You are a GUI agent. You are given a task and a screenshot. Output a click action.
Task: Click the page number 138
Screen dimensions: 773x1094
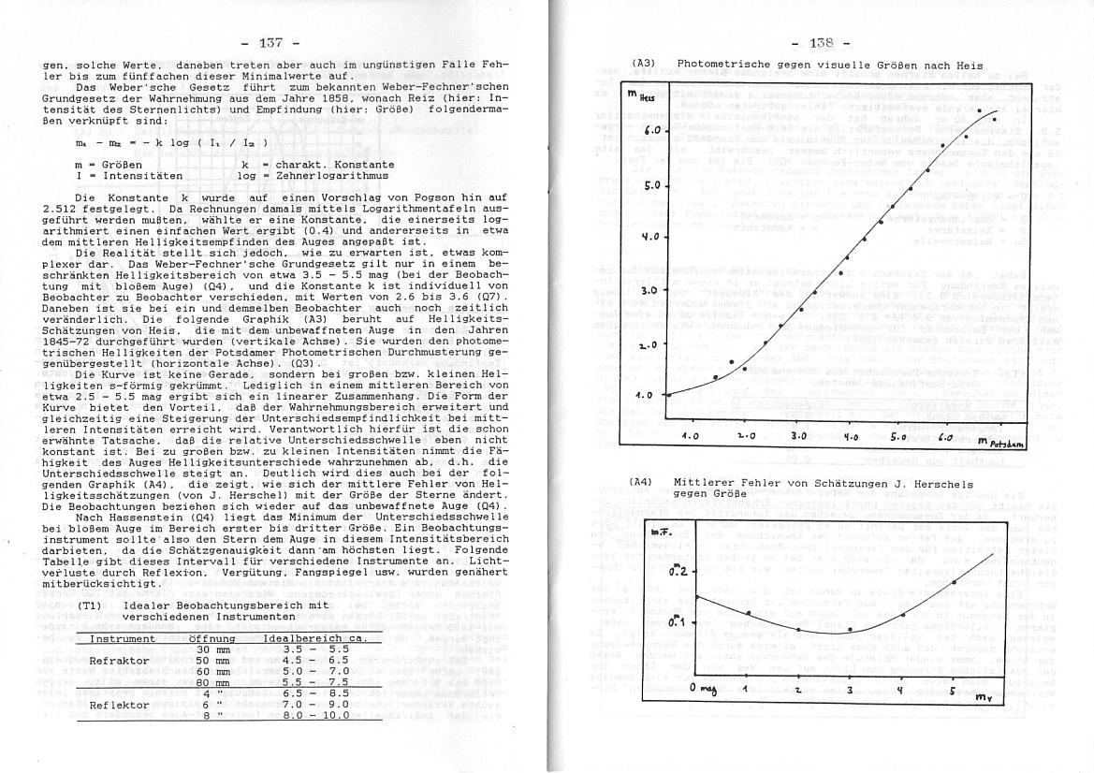pos(819,43)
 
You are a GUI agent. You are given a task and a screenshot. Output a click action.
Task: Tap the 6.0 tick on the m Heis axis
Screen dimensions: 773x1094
pos(654,130)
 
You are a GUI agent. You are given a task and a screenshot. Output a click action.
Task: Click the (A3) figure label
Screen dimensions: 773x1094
pos(643,64)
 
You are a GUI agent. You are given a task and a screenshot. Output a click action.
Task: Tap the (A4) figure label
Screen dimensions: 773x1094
pos(641,484)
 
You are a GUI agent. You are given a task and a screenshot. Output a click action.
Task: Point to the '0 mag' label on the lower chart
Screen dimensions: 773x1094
pos(701,689)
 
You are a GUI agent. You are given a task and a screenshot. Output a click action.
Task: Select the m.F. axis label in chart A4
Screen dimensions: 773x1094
pos(661,532)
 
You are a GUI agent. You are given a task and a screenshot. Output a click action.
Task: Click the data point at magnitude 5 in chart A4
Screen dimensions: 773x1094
pos(953,582)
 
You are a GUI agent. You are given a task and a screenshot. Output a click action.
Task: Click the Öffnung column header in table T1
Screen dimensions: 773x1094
pos(212,638)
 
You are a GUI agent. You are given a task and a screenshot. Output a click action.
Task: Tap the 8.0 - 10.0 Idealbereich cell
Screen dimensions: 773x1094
pos(316,715)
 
